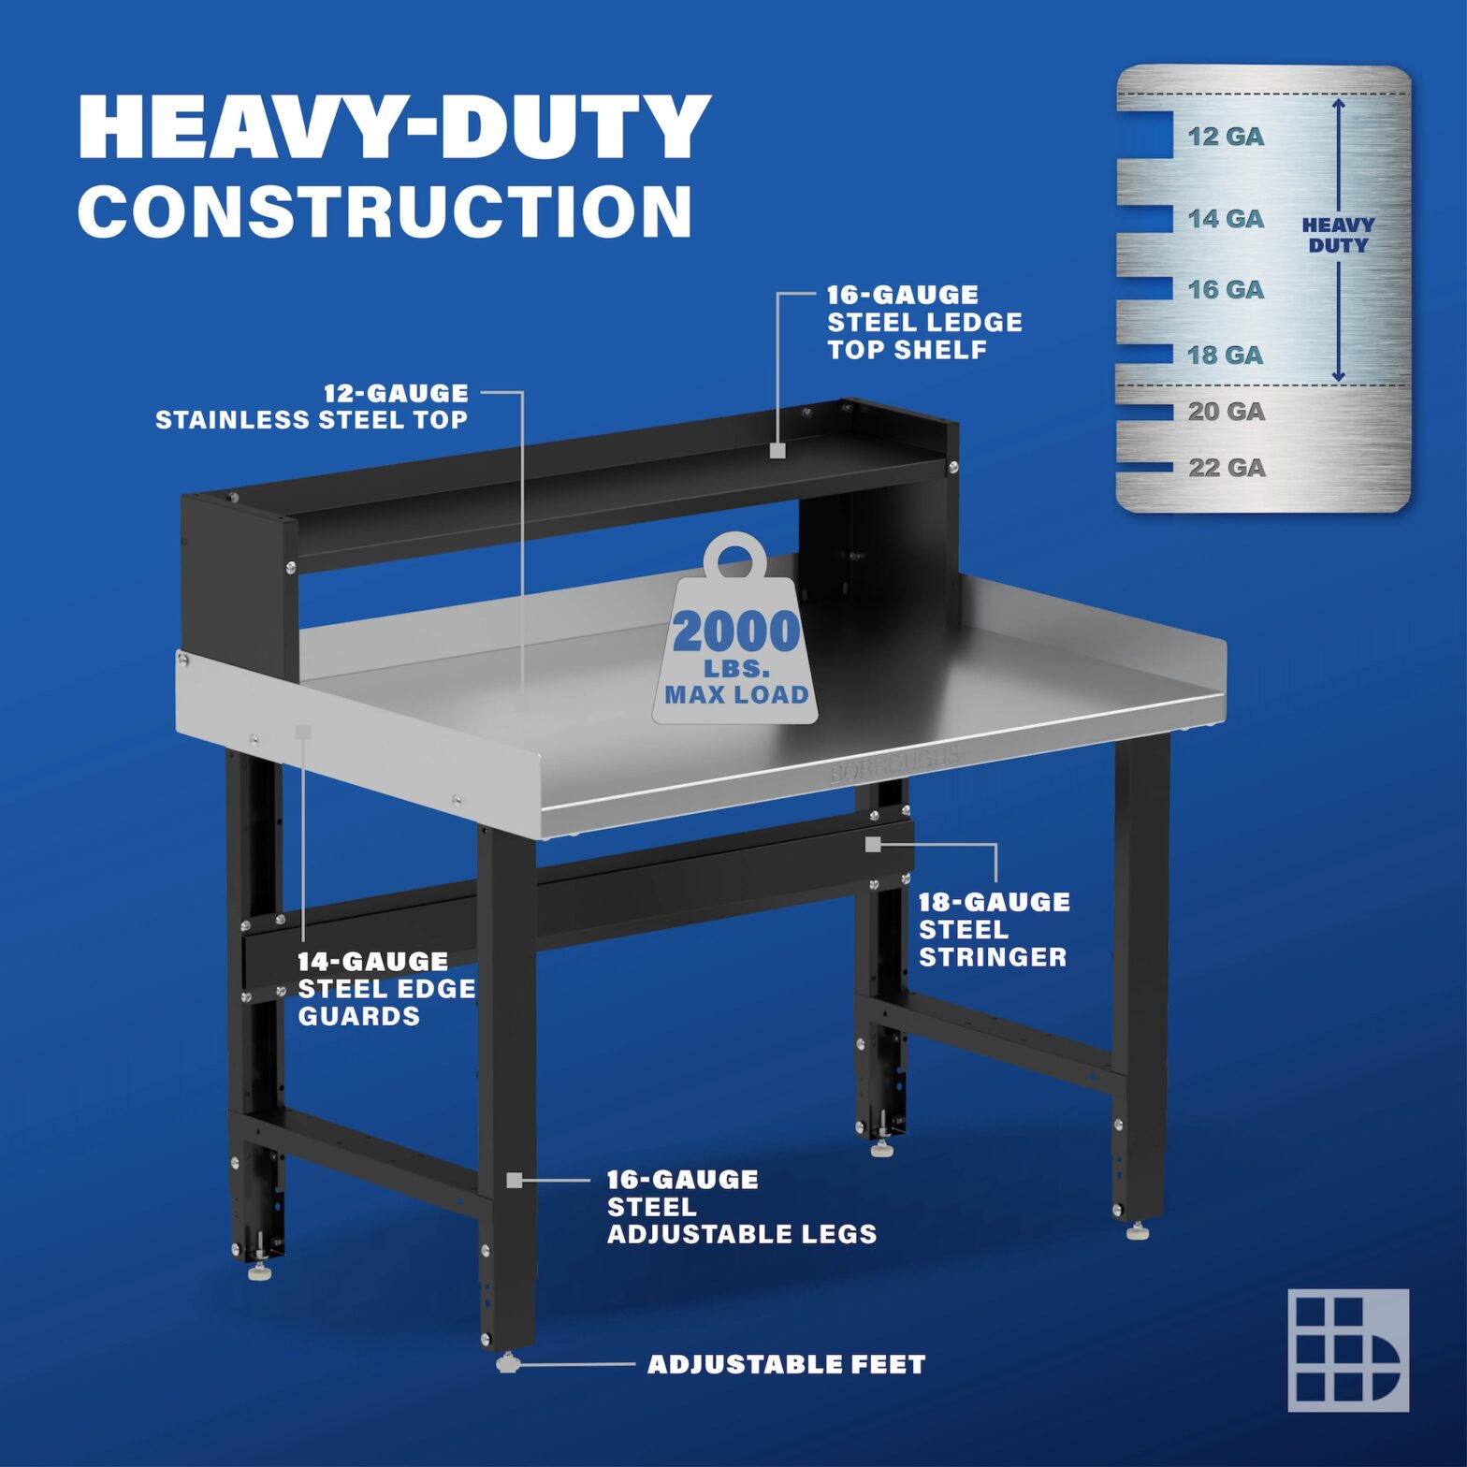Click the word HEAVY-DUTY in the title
pos(394,127)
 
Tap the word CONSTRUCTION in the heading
pos(385,211)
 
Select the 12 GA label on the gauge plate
pos(1226,137)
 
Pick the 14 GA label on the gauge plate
pos(1226,219)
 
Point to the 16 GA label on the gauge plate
pos(1226,290)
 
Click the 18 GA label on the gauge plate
pos(1226,356)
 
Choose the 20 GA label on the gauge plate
pos(1226,412)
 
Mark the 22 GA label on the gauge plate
pos(1227,468)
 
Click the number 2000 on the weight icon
pos(735,632)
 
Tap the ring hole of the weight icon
pos(735,560)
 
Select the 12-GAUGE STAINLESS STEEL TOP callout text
pos(312,407)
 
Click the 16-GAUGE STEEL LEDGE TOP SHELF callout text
pos(923,323)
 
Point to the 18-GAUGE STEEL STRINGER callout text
pos(993,930)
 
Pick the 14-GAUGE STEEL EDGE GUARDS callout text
pos(386,989)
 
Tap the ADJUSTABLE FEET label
pos(786,1365)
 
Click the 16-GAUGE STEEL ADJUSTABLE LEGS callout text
pos(741,1207)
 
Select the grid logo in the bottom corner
pos(1348,1350)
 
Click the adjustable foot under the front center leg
pos(507,1363)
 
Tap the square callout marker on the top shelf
pos(777,450)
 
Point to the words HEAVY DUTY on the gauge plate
pos(1338,235)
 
